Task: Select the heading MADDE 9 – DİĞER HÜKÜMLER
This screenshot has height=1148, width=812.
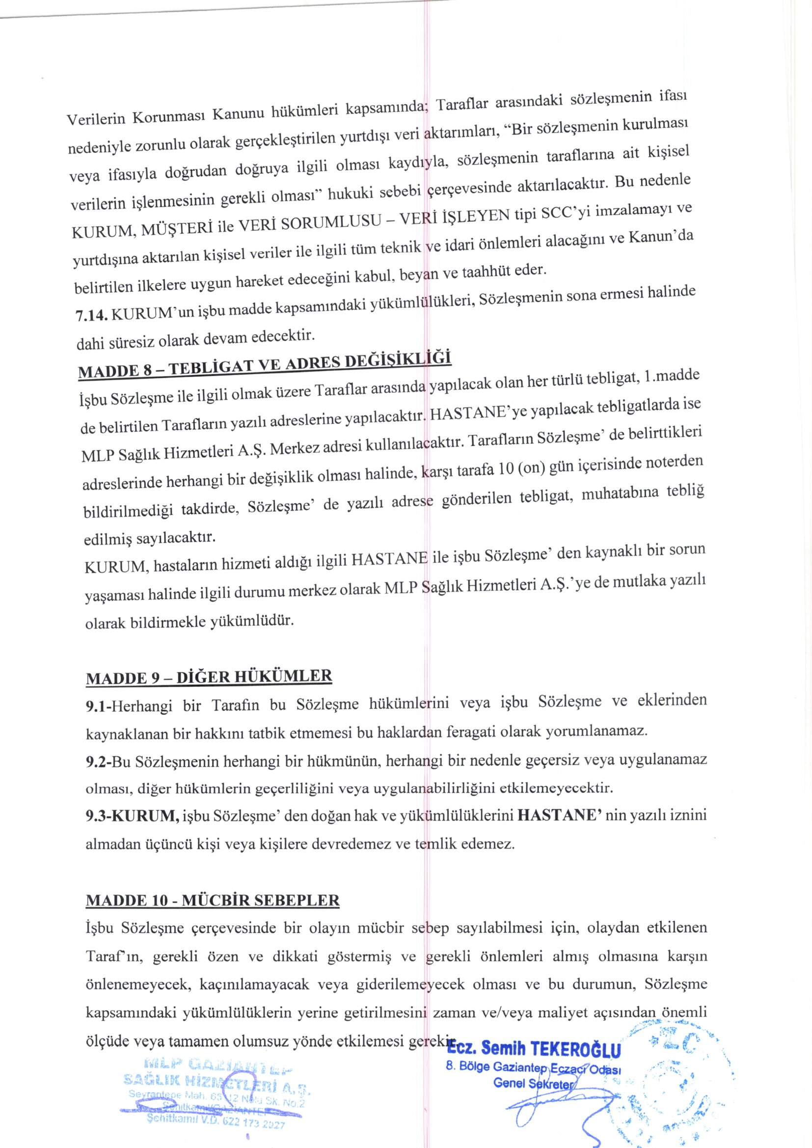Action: tap(209, 678)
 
